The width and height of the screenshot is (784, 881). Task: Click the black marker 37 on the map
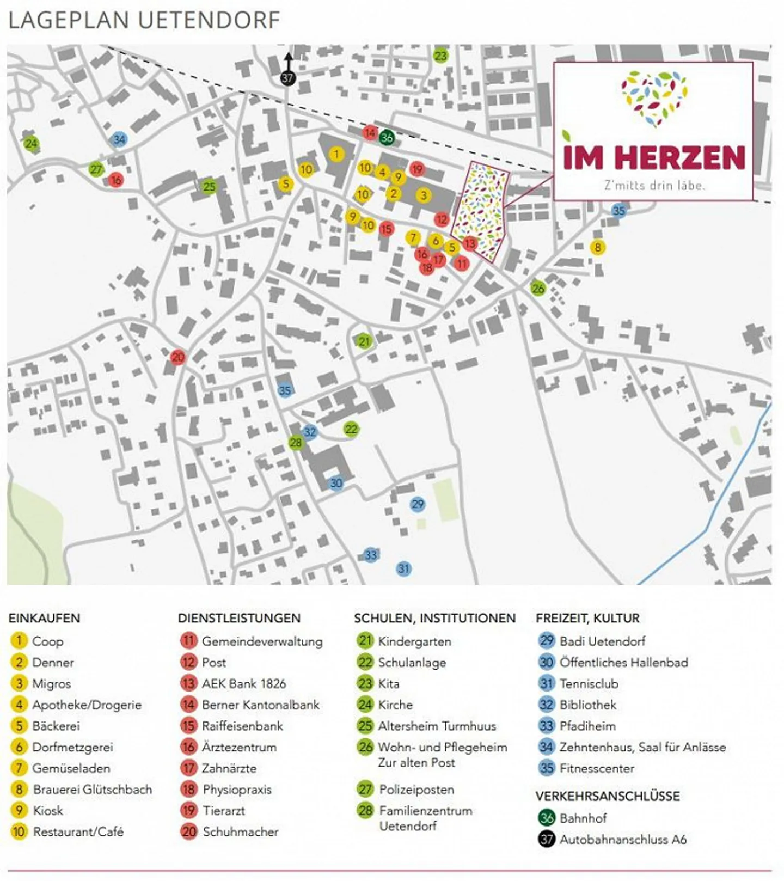[287, 78]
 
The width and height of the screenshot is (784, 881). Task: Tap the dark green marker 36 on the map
[387, 137]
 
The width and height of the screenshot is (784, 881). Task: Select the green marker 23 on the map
[440, 56]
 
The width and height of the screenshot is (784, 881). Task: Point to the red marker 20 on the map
[178, 358]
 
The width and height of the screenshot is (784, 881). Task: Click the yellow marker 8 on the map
[597, 247]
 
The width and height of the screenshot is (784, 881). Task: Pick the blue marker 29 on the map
[418, 504]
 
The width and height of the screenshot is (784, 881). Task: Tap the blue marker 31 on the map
[403, 569]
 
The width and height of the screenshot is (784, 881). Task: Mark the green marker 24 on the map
[31, 144]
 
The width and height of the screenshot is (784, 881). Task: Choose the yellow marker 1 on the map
[336, 154]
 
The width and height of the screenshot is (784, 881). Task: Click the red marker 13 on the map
[469, 243]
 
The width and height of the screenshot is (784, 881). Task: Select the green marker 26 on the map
[538, 288]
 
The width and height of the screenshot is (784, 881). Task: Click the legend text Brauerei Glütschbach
[93, 789]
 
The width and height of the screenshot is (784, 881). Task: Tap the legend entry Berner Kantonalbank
[260, 705]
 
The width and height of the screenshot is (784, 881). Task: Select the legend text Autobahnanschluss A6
[623, 839]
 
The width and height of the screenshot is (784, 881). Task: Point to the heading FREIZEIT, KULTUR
[587, 618]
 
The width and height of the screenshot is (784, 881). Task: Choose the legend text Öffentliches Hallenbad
[623, 662]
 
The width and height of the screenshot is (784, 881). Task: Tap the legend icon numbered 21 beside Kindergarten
[365, 641]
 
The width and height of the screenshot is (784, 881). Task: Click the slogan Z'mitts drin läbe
[654, 185]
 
